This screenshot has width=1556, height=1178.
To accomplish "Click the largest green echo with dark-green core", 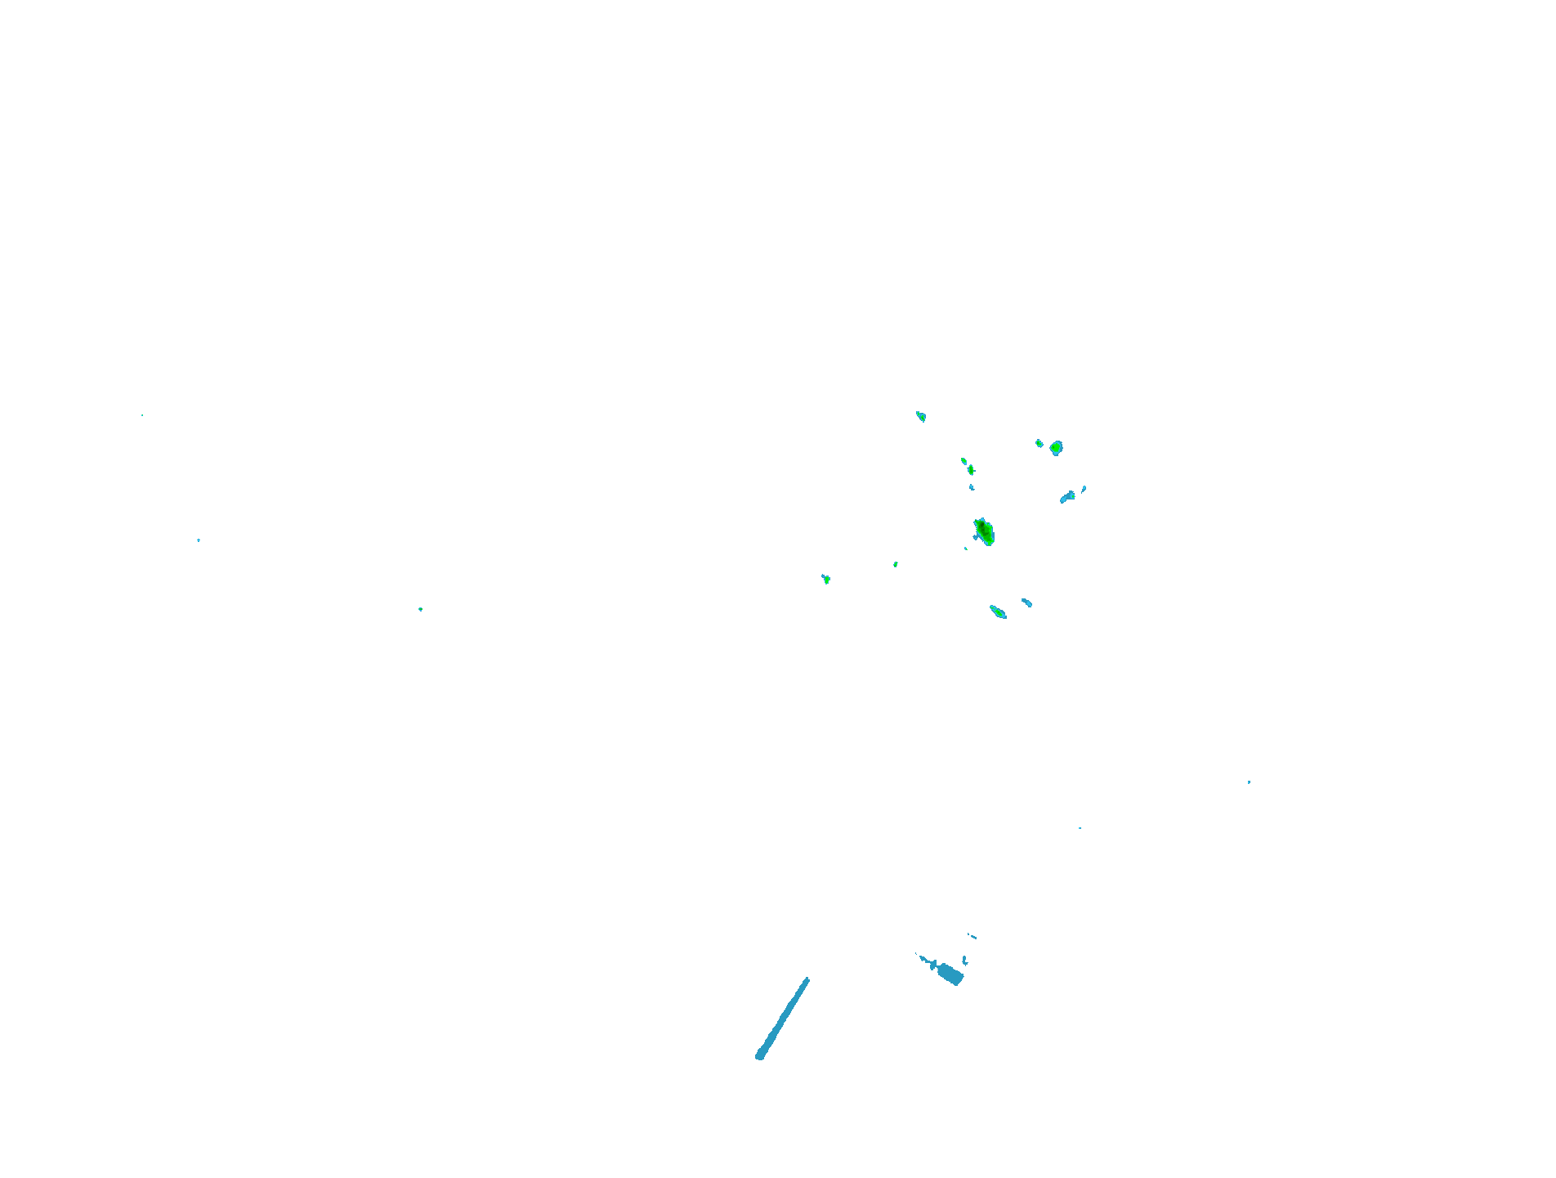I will pos(984,531).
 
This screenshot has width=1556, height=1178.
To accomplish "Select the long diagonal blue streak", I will pos(783,1018).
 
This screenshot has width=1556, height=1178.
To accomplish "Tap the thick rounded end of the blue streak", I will pos(760,1055).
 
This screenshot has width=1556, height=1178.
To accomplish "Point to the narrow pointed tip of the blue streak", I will pos(807,979).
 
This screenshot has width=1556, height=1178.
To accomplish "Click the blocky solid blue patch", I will pos(950,974).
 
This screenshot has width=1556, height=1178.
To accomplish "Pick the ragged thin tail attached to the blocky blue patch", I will pos(925,959).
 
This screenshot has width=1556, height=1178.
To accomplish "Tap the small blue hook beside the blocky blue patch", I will pos(965,960).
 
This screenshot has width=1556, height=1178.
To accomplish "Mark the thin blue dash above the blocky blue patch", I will pos(972,936).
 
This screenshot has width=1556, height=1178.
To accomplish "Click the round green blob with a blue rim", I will pos(1056,447).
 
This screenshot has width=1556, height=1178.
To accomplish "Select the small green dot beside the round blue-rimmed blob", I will pos(1039,443).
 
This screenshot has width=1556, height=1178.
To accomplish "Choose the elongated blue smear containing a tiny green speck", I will pos(1067,496).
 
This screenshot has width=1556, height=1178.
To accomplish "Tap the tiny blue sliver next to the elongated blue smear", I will pos(1084,489).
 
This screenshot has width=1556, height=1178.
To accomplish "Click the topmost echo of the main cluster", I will pos(921,416).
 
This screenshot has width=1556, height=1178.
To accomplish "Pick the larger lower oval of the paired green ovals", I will pos(971,470).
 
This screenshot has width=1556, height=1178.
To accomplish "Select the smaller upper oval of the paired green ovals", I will pos(964,461).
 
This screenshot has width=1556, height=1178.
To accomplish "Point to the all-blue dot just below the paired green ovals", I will pos(972,487).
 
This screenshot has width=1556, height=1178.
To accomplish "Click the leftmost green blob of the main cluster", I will pos(826,579).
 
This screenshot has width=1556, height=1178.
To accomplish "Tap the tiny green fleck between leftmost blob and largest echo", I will pos(896,564).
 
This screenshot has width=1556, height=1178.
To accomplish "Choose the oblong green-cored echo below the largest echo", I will pos(998,611).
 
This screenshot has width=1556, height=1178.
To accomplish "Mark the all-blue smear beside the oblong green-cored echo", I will pos(1026,602).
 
